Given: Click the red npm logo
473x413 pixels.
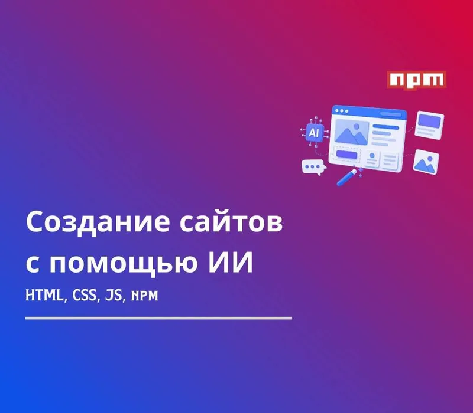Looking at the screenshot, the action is pos(417,80).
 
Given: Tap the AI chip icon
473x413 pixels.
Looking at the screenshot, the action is pos(315,132).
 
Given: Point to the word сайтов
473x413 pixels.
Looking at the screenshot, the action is pos(231,222).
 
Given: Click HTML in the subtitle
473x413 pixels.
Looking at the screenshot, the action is pos(45,295).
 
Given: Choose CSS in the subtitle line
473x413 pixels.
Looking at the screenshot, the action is pos(85,295).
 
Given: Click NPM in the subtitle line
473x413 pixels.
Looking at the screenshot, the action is pos(144,296).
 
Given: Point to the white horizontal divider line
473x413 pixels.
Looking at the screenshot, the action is pos(158,318).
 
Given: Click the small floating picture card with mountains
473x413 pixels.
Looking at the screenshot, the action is pos(426,162).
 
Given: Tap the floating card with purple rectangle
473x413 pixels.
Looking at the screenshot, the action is pos(429,125).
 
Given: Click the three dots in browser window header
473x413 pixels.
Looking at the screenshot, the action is pos(342,111).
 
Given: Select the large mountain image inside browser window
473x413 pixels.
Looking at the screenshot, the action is pos(352,132).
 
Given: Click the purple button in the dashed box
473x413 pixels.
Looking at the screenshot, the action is pos(346,155).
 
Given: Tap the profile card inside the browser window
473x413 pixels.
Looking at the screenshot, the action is pos(372,159).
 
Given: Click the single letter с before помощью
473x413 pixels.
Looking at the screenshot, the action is pos(33,264).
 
